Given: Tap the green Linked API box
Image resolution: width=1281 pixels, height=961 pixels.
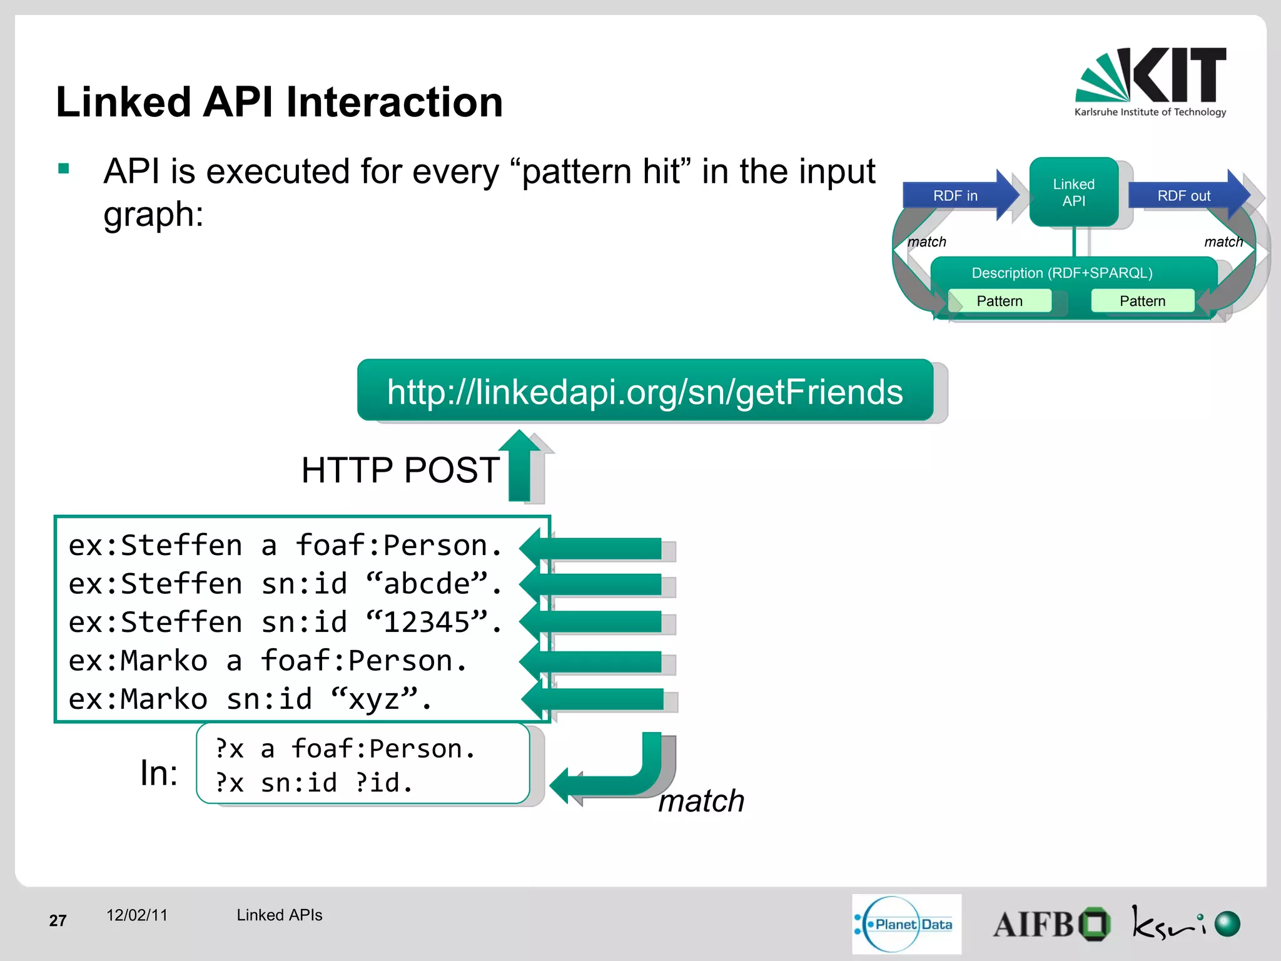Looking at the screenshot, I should (1073, 192).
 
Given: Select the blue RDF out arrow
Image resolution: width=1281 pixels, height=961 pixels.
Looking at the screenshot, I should (1186, 195).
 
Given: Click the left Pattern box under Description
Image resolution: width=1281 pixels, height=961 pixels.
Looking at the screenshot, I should (999, 301).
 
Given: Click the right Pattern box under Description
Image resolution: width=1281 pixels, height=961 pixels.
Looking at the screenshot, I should (1142, 301).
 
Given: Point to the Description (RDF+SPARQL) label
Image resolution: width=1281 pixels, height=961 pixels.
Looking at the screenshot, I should (1061, 273).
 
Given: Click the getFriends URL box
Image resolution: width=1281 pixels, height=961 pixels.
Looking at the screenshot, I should (645, 391).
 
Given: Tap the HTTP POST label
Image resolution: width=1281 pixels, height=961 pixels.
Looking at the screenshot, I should (400, 470).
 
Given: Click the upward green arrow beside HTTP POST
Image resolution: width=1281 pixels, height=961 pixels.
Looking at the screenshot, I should (520, 466).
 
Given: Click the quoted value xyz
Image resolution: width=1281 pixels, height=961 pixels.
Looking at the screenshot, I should (375, 699).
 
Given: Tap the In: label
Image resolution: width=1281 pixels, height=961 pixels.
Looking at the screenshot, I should (159, 773).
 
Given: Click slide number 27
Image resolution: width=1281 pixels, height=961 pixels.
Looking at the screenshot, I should (58, 920).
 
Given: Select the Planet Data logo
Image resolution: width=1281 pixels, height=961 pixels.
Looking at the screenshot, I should (906, 924).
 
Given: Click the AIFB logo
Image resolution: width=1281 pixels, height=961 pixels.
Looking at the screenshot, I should (1051, 924).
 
